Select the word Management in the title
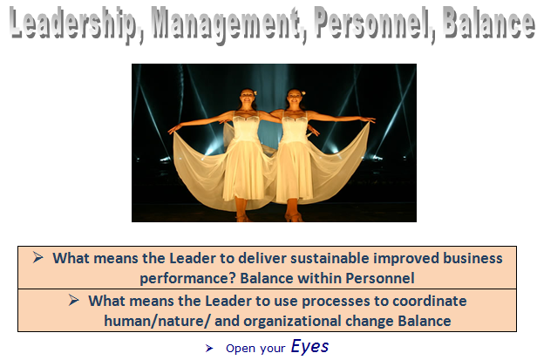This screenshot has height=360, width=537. (226, 24)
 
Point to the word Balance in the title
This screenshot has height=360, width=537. (488, 23)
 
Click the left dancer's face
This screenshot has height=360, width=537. (247, 96)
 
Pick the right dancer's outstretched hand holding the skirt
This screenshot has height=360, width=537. (370, 119)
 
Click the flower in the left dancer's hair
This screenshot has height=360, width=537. (255, 92)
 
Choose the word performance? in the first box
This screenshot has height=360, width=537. (187, 278)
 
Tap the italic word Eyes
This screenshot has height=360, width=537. (310, 346)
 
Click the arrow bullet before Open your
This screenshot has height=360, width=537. (209, 349)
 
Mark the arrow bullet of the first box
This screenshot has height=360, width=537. (38, 258)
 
